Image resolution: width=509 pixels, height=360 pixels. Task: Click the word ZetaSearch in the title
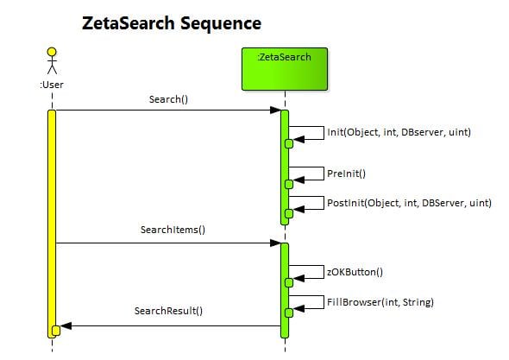click(129, 23)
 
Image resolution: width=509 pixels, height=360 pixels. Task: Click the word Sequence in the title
click(221, 24)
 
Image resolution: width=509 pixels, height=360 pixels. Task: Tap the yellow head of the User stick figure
click(52, 52)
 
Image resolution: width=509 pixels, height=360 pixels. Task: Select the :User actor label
click(52, 85)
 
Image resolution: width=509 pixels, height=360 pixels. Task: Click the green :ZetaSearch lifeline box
click(285, 69)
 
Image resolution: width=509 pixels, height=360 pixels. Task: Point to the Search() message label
click(168, 99)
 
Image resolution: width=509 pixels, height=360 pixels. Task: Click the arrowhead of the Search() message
click(275, 111)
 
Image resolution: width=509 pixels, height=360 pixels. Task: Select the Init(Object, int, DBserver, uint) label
click(399, 132)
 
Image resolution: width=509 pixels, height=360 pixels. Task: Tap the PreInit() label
click(346, 174)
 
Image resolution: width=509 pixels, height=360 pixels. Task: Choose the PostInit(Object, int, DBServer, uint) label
click(409, 203)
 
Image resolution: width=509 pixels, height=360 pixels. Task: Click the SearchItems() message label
click(173, 230)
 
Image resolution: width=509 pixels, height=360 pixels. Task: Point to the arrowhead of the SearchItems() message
click(275, 243)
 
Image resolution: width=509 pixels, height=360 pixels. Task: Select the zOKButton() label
click(355, 272)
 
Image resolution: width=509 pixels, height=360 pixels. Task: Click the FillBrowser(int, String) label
click(380, 302)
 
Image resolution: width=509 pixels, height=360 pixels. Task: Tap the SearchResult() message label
click(168, 311)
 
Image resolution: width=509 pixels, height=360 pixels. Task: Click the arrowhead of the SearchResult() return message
click(66, 325)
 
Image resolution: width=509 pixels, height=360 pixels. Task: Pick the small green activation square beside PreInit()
click(289, 184)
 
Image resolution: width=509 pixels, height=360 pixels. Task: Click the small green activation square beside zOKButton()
click(289, 282)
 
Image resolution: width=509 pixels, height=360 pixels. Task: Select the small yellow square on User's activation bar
click(56, 331)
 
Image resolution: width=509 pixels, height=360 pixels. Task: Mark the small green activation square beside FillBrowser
click(289, 313)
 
